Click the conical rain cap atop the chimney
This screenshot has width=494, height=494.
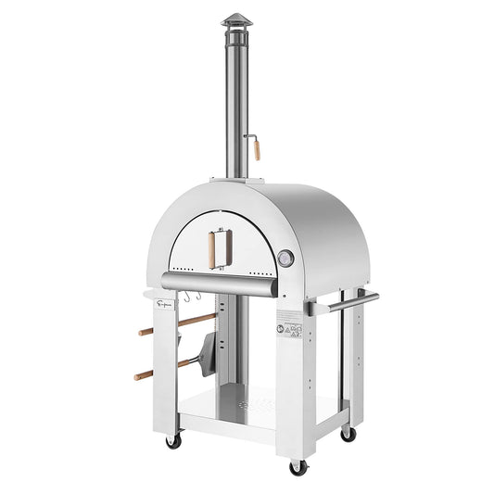tap(236, 20)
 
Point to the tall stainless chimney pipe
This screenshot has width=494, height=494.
tap(235, 102)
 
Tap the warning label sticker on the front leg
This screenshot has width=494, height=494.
tap(290, 327)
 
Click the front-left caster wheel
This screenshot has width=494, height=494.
tap(173, 440)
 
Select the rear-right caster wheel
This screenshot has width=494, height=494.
tap(348, 433)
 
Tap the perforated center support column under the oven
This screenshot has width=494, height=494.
tap(233, 334)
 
